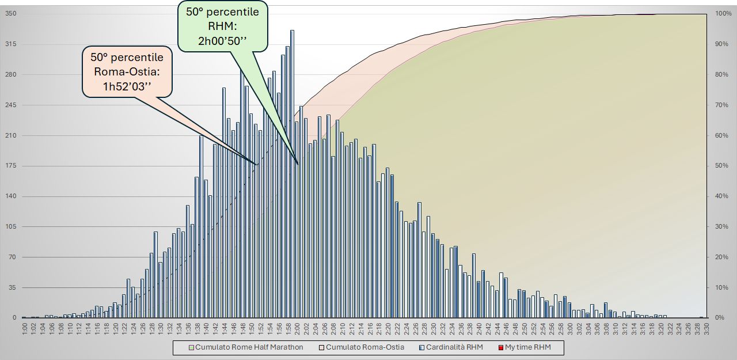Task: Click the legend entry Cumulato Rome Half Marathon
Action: click(x=249, y=347)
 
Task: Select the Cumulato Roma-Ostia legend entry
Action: click(x=364, y=347)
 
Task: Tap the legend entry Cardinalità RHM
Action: click(x=454, y=347)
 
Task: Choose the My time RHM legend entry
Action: click(x=527, y=347)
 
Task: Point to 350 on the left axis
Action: click(x=10, y=14)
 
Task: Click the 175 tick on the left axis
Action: click(x=10, y=166)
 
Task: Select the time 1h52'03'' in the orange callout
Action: click(x=127, y=86)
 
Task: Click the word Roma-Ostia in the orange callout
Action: click(x=127, y=72)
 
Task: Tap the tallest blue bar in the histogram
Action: click(x=292, y=173)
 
